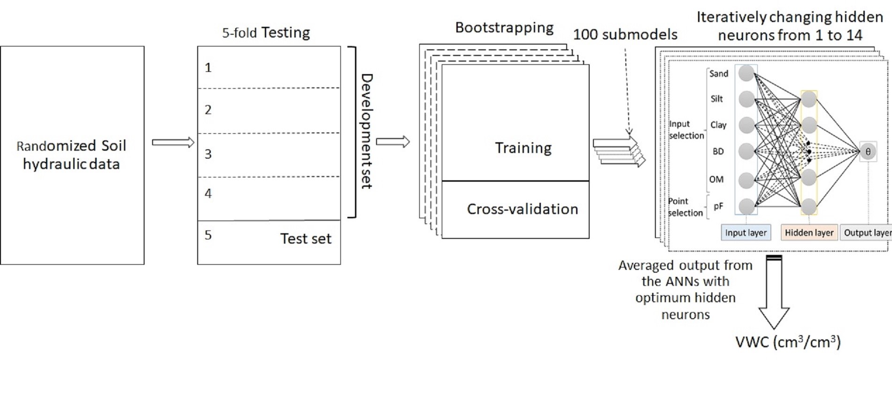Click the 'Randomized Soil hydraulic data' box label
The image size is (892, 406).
[x=71, y=155]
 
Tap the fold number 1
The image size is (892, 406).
[x=208, y=68]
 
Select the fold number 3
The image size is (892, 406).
[x=208, y=154]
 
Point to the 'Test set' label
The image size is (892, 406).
[x=306, y=239]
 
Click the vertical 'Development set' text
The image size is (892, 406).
[x=366, y=131]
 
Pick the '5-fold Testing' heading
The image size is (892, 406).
[x=266, y=33]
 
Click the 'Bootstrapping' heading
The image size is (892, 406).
[x=504, y=28]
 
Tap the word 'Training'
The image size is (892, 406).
[x=523, y=148]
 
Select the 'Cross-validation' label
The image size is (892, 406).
[x=522, y=209]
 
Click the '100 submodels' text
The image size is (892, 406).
[x=625, y=35]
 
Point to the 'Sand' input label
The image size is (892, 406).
[x=718, y=74]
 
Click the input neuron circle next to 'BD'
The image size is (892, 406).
[x=746, y=151]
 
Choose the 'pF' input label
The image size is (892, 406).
[x=718, y=206]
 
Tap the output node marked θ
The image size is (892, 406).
[x=868, y=152]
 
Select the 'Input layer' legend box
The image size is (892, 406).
[x=746, y=233]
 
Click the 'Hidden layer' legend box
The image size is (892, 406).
[x=809, y=233]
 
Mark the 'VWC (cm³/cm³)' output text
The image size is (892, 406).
[x=787, y=342]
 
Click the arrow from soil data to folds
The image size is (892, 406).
[x=173, y=142]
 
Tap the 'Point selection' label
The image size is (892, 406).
[x=685, y=207]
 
